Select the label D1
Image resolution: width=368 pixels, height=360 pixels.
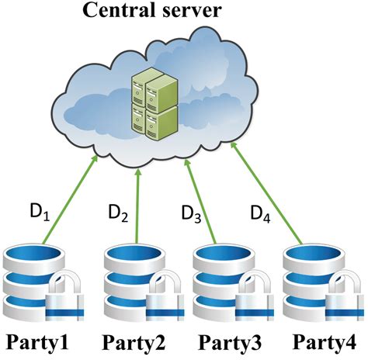click(40, 212)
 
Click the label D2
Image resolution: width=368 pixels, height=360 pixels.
click(117, 211)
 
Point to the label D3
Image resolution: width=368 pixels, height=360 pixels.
click(191, 212)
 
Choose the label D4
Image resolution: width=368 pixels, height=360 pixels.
click(260, 211)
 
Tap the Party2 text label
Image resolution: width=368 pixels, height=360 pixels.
click(132, 342)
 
